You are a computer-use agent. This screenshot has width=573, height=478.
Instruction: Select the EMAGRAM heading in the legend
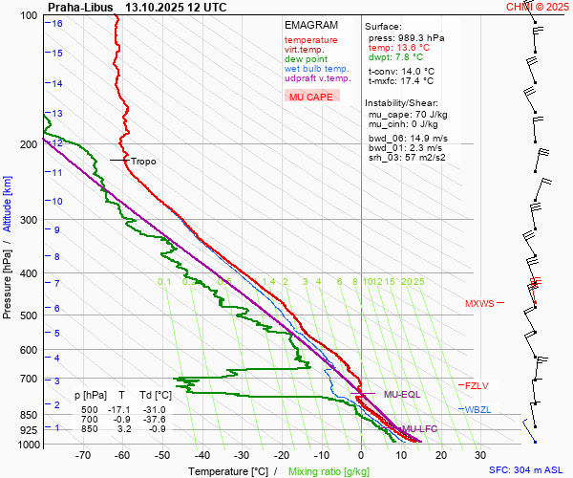(310, 26)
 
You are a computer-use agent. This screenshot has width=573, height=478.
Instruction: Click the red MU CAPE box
(311, 97)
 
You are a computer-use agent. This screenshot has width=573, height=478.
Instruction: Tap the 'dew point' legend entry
(306, 59)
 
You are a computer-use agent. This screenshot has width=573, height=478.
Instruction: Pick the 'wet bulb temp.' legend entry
(317, 69)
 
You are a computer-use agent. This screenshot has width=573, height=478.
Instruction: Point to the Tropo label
(143, 162)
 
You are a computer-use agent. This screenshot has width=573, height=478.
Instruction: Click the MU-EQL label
(402, 394)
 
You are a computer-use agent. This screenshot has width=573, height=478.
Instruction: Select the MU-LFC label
(419, 429)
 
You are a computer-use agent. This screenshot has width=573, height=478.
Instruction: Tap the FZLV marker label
(477, 386)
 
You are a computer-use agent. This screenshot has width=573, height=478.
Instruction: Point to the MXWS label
(479, 304)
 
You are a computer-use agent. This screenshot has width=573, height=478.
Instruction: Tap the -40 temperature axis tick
(202, 456)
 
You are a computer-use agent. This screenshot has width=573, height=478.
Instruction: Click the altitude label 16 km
(57, 23)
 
